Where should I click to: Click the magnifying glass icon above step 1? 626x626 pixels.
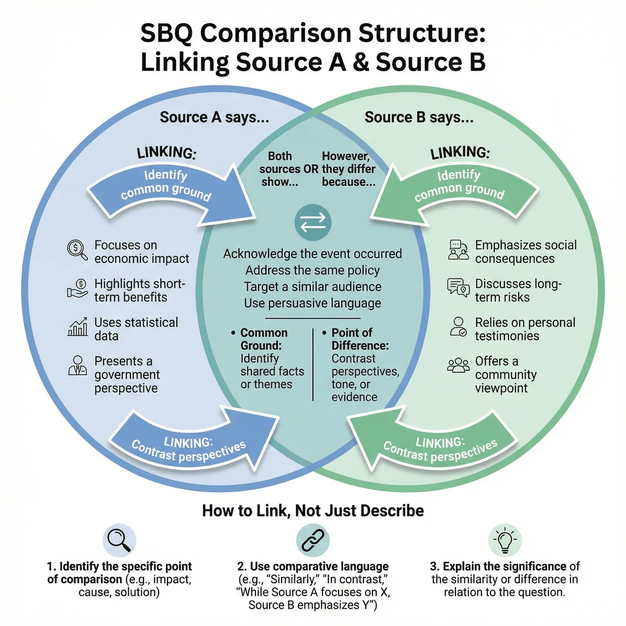click(119, 540)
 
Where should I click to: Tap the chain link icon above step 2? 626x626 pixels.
click(313, 540)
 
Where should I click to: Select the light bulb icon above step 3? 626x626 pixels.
click(504, 540)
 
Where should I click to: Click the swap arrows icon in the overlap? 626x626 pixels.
click(313, 222)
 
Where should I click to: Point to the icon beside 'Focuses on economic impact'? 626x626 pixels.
click(77, 249)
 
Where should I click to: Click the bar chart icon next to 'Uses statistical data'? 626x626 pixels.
click(78, 327)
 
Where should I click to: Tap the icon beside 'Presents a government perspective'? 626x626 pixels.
click(78, 366)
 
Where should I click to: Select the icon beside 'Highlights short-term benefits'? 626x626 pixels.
click(78, 288)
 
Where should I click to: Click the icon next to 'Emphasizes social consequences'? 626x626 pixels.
click(459, 250)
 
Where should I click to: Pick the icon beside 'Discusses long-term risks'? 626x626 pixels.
click(459, 288)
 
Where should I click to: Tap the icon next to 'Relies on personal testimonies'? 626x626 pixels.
click(459, 327)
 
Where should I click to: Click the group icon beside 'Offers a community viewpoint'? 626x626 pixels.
click(459, 365)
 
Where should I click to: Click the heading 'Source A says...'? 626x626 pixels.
click(214, 117)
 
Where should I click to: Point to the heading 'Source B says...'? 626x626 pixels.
click(419, 117)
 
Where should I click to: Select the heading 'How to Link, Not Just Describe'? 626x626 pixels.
click(313, 510)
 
